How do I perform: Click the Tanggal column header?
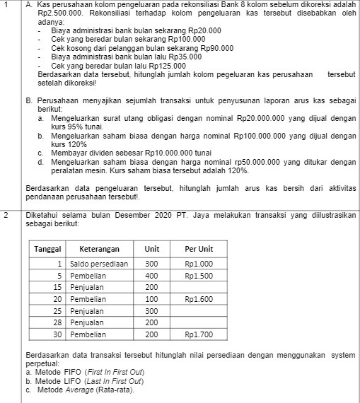pyautogui.click(x=49, y=249)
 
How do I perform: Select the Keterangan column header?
pyautogui.click(x=98, y=249)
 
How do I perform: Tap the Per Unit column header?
pyautogui.click(x=199, y=249)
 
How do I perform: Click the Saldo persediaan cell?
pyautogui.click(x=98, y=264)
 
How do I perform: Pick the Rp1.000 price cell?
pyautogui.click(x=199, y=264)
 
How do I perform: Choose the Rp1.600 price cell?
pyautogui.click(x=199, y=299)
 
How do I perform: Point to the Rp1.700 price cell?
pyautogui.click(x=199, y=334)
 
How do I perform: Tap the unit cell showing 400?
pyautogui.click(x=151, y=276)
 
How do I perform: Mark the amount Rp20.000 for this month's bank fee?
pyautogui.click(x=203, y=30)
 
